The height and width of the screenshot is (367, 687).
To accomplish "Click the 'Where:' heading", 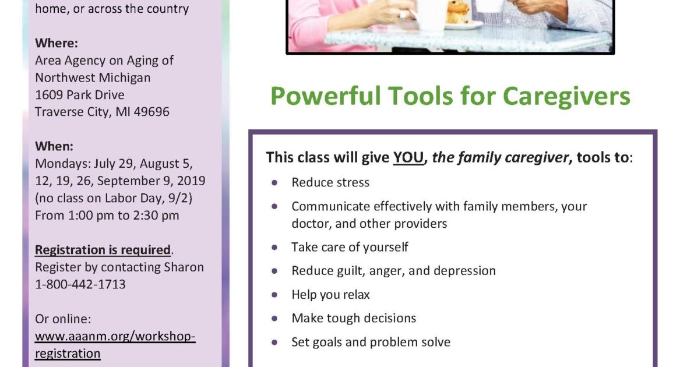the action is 56,43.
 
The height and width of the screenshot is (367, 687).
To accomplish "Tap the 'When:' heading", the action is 54,146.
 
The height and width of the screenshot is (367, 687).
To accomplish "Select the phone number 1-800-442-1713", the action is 80,284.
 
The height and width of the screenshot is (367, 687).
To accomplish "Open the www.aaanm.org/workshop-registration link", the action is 115,345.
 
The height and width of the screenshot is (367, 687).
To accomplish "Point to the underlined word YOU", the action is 408,157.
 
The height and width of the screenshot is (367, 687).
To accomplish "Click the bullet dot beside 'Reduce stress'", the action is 274,182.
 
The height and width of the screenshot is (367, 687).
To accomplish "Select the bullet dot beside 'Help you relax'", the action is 274,294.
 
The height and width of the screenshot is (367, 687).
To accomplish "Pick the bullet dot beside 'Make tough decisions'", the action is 274,318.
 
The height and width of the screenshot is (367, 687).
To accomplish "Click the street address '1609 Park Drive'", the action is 80,94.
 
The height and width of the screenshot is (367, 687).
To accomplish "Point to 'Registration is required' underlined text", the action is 103,250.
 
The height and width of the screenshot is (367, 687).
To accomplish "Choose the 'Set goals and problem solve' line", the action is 371,342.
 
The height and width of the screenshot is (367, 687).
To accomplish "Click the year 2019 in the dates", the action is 192,181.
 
